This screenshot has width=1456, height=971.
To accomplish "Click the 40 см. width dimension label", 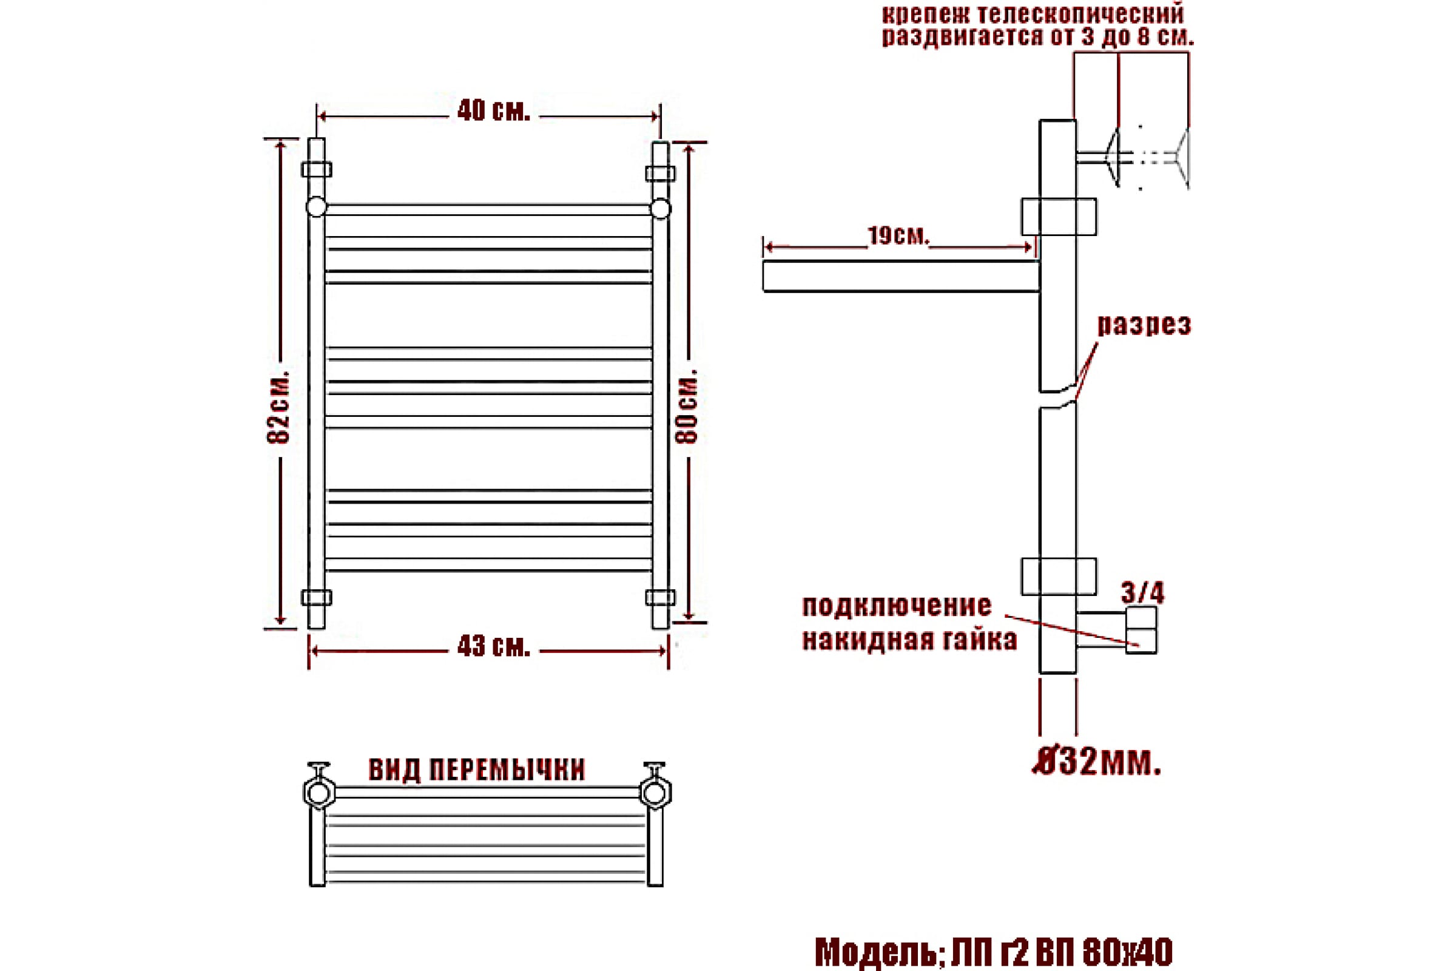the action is click(493, 112).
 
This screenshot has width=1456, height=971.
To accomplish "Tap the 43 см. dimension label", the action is click(493, 647).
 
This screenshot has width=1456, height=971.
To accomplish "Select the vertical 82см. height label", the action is click(278, 407).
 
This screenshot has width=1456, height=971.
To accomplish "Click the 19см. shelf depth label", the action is click(898, 236).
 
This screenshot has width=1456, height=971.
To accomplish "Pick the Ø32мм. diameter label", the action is click(1096, 764).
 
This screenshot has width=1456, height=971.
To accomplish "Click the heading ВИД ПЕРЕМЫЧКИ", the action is click(477, 770).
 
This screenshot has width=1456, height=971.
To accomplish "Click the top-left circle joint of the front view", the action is click(316, 208).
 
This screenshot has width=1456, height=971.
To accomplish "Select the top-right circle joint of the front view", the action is click(661, 208).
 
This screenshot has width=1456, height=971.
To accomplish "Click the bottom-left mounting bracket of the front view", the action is click(316, 598).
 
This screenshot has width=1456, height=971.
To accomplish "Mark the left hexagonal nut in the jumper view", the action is click(320, 792).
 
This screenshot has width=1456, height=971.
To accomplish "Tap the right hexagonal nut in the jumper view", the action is click(656, 793).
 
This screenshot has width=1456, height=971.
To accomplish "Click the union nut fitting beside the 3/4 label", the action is click(1142, 631).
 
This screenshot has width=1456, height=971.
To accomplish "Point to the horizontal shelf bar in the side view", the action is click(901, 276).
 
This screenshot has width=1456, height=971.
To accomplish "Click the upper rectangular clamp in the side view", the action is click(1059, 217).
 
